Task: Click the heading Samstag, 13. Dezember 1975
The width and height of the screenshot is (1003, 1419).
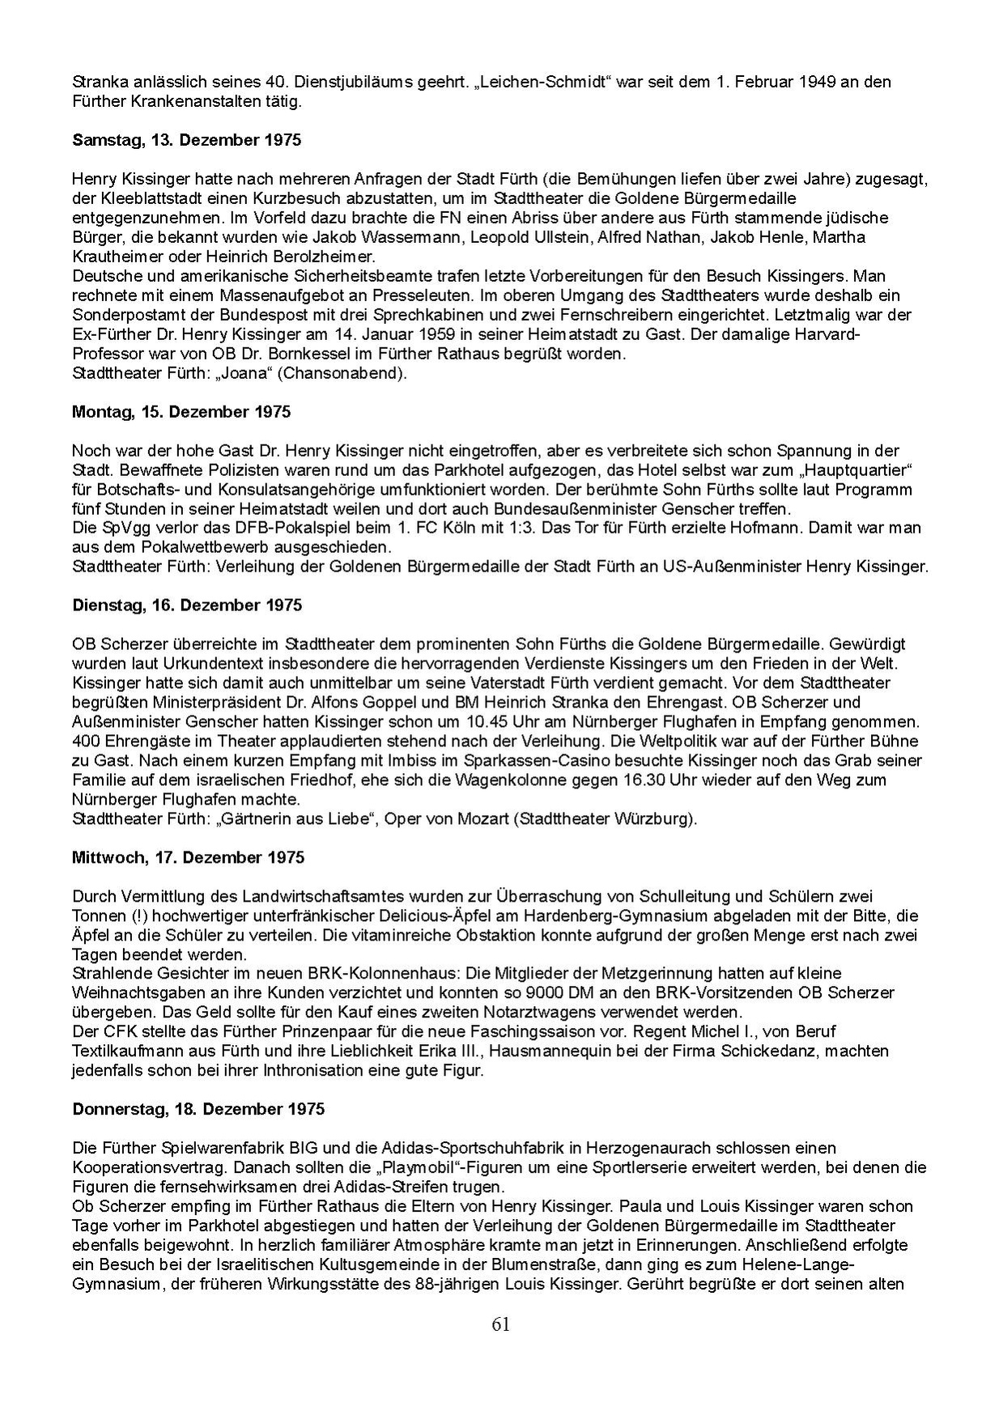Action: (x=186, y=140)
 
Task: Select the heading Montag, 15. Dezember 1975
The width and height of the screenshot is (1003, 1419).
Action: (x=181, y=411)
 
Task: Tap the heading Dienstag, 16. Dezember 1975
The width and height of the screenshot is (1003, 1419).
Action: (x=187, y=605)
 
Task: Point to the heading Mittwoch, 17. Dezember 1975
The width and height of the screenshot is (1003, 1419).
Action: (x=188, y=856)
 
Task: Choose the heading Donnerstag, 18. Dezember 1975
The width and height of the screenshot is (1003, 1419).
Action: (x=198, y=1108)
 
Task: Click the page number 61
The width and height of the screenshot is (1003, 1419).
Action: (x=500, y=1324)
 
